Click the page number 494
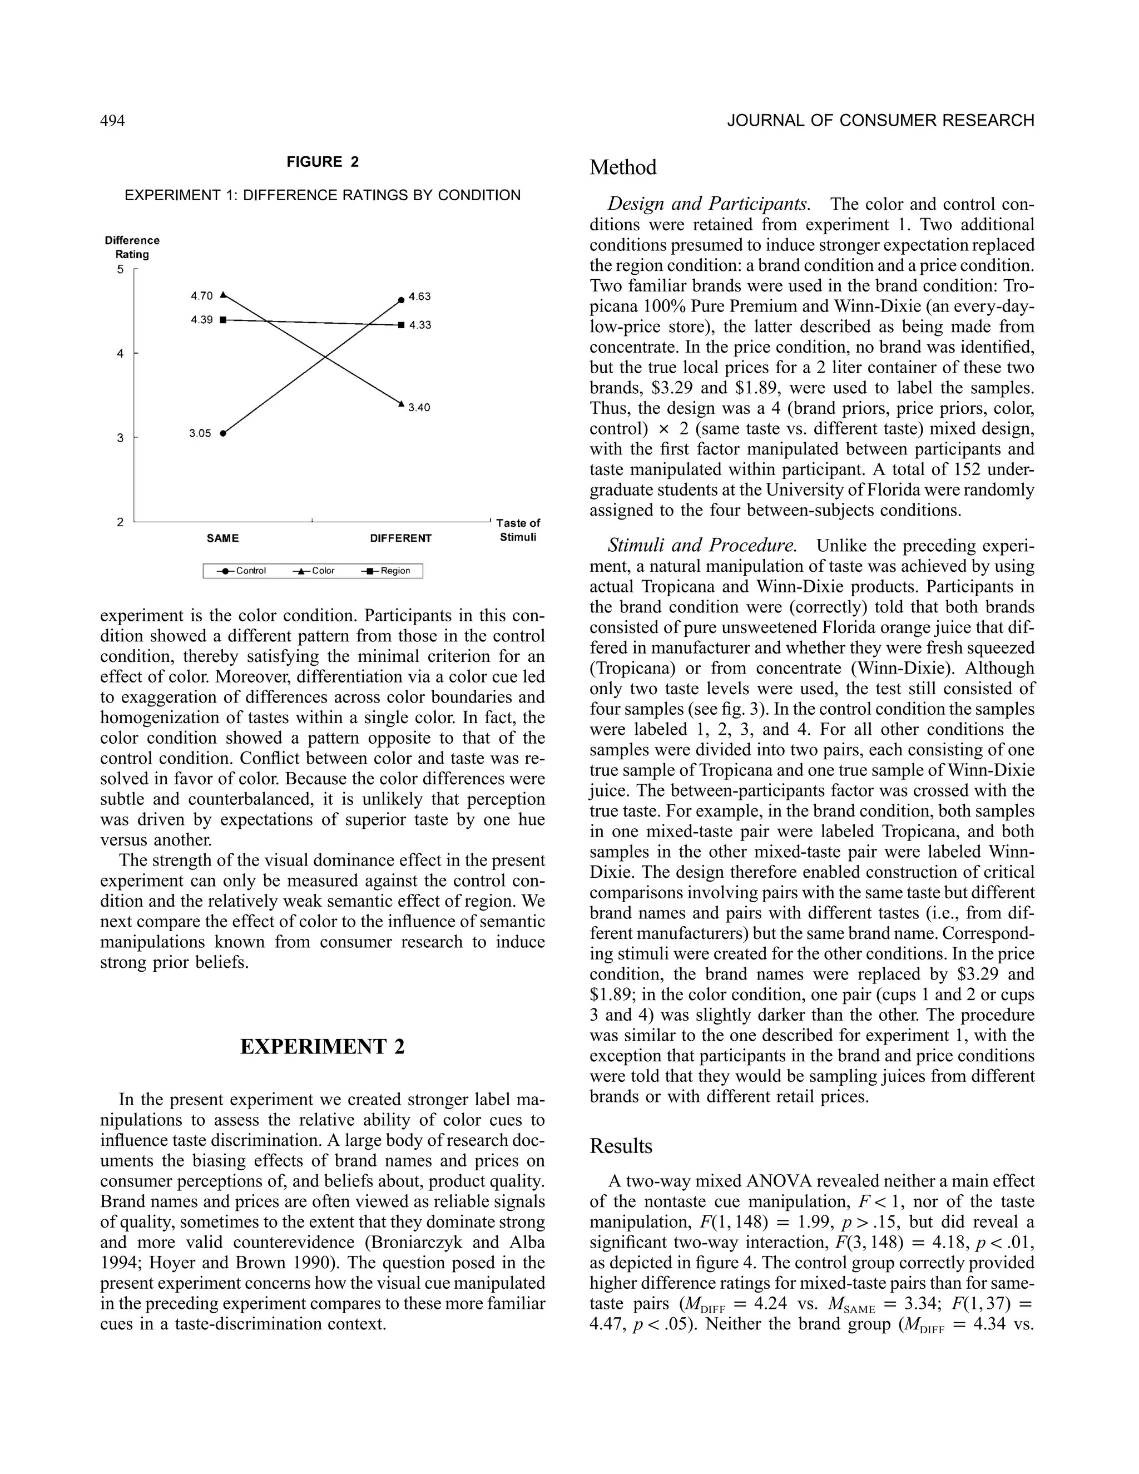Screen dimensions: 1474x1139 [x=113, y=121]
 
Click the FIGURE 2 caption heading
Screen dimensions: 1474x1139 [x=323, y=162]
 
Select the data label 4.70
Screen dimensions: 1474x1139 [x=201, y=295]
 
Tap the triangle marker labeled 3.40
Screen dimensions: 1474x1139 [x=401, y=404]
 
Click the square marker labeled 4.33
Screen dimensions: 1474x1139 [x=402, y=325]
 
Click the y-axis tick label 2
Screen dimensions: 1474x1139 [x=120, y=522]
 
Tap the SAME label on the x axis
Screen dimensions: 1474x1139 [x=222, y=538]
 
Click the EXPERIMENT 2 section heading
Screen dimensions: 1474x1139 [x=323, y=1047]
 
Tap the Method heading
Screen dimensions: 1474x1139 [x=622, y=167]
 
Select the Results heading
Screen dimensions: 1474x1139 [x=621, y=1146]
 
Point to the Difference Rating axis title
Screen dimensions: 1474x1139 [x=132, y=247]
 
